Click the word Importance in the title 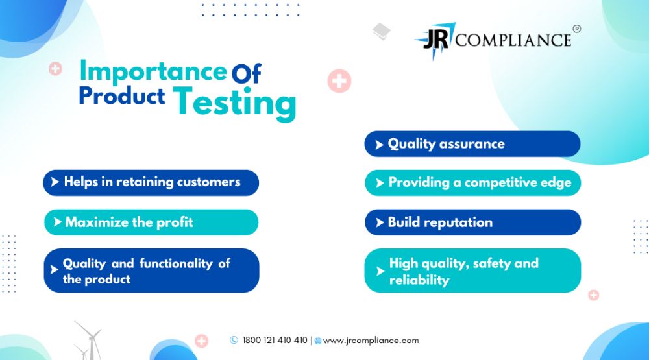pyautogui.click(x=153, y=71)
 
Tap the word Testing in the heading pyautogui.click(x=235, y=102)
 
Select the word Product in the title pyautogui.click(x=122, y=95)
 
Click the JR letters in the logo pyautogui.click(x=435, y=40)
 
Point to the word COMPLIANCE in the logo pyautogui.click(x=513, y=40)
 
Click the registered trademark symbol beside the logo pyautogui.click(x=576, y=29)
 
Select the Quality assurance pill pyautogui.click(x=472, y=144)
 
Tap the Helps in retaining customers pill pyautogui.click(x=151, y=182)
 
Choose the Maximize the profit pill pyautogui.click(x=151, y=222)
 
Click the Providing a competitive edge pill pyautogui.click(x=472, y=182)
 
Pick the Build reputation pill pyautogui.click(x=472, y=222)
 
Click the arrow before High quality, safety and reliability pyautogui.click(x=380, y=271)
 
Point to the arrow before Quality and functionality pyautogui.click(x=54, y=270)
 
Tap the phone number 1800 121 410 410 pyautogui.click(x=275, y=340)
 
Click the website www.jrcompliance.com pyautogui.click(x=371, y=341)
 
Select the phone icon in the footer pyautogui.click(x=234, y=340)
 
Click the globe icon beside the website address pyautogui.click(x=318, y=341)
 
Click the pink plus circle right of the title pyautogui.click(x=339, y=80)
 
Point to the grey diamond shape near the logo pyautogui.click(x=382, y=31)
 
